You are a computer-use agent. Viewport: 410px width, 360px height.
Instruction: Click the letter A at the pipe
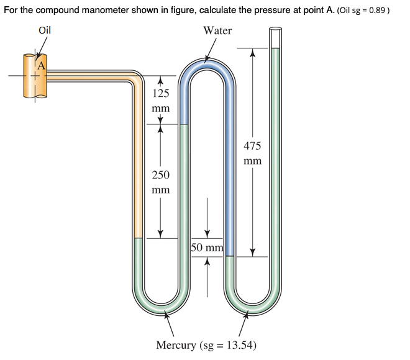click(x=42, y=63)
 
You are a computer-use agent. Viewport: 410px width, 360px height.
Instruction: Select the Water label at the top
click(x=217, y=30)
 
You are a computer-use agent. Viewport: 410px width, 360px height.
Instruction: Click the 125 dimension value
click(x=161, y=94)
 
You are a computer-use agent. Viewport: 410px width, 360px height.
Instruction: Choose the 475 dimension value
click(x=252, y=146)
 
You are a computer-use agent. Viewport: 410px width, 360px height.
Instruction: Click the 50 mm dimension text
click(x=207, y=249)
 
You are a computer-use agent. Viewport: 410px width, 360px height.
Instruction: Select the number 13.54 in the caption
click(x=241, y=345)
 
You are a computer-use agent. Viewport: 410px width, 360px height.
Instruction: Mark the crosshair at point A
click(x=35, y=77)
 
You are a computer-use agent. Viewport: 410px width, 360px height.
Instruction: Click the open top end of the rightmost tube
click(x=275, y=29)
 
